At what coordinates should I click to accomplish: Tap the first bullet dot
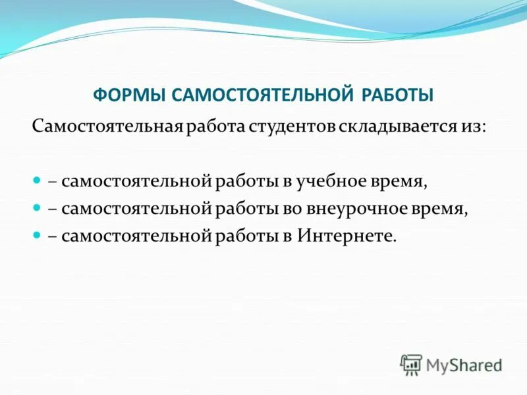tap(38, 180)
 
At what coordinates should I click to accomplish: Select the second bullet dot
tap(38, 207)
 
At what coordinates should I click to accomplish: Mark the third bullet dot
tap(38, 235)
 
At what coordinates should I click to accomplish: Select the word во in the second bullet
tap(279, 208)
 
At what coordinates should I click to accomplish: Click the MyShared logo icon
tap(411, 363)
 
